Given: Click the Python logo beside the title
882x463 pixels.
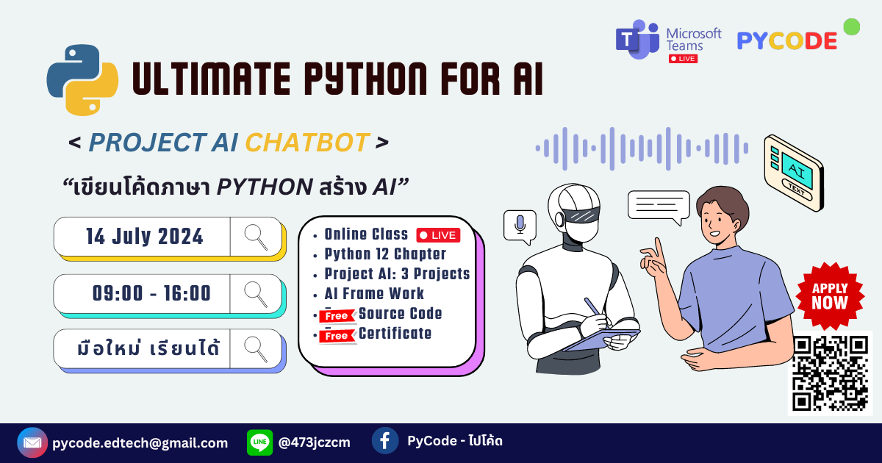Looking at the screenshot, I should point(82,79).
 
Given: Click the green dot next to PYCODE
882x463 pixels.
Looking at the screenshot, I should point(851,27).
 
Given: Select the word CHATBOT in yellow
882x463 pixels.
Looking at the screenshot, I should point(306,143).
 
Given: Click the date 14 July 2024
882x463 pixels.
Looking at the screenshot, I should point(145,237).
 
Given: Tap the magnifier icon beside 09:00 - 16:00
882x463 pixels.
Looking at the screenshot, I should point(256,294).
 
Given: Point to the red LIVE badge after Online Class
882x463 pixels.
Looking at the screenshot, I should point(438,235).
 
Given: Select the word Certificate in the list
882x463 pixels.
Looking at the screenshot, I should point(395,334).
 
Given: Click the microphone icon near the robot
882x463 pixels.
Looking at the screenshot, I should point(520,225).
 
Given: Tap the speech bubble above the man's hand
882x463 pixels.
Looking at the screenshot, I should point(659,206).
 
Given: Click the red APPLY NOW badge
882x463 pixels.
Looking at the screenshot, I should point(830,295).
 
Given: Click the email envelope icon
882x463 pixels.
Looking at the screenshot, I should point(32,442).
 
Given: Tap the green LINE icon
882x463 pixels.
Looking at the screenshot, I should point(259,442).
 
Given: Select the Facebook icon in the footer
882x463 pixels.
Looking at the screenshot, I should point(385,441).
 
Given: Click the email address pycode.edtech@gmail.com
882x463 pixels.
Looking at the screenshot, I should point(140,443).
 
